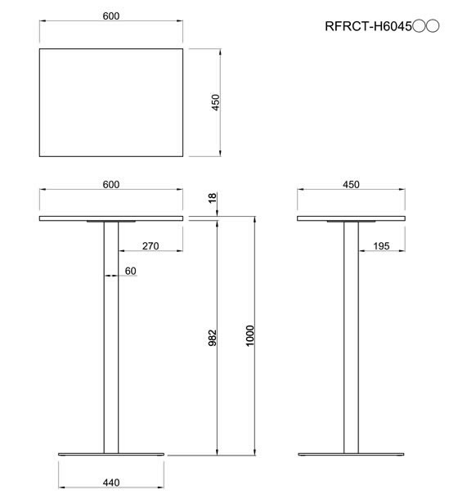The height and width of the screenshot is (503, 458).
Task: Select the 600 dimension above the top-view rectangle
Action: click(x=111, y=17)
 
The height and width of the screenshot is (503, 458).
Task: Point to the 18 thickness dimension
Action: click(x=213, y=199)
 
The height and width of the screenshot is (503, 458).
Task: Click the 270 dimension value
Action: click(x=150, y=245)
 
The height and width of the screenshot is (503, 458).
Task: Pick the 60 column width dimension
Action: click(x=130, y=271)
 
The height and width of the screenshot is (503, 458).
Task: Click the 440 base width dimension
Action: click(x=111, y=483)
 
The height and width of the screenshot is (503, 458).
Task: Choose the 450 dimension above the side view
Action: click(x=351, y=184)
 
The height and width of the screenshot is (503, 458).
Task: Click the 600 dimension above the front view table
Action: click(x=111, y=184)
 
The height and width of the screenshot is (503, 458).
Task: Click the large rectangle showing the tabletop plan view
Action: click(x=111, y=102)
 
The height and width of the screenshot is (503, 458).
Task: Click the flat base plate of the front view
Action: click(x=111, y=454)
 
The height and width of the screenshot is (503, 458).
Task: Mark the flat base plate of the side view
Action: click(x=351, y=454)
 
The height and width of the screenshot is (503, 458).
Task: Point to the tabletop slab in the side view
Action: click(x=351, y=218)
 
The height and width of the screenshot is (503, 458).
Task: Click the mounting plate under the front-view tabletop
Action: click(x=111, y=222)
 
